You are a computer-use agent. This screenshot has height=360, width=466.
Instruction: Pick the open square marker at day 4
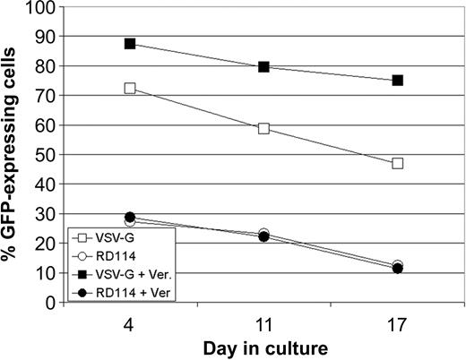(130, 89)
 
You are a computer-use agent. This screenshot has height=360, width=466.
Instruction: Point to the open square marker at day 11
(263, 128)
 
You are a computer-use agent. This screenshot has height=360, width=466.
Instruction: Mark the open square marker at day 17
(397, 163)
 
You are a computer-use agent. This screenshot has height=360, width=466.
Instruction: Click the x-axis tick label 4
(130, 318)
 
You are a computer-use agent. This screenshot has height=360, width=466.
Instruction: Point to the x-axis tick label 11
(263, 318)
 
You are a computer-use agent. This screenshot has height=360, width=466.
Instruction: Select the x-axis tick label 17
(397, 318)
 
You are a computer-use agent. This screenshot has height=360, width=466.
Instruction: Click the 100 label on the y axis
(43, 8)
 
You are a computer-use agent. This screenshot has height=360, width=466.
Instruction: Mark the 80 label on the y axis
(47, 67)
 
